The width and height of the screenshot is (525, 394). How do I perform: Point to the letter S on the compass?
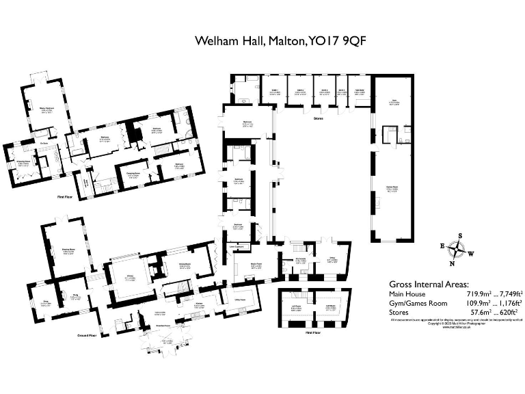[x=459, y=236]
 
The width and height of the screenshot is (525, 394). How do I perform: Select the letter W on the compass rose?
[x=471, y=253]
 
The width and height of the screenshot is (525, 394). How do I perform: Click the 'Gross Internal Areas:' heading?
[x=429, y=284]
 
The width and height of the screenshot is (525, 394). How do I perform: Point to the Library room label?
[x=129, y=276]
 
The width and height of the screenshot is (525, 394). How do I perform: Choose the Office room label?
[x=332, y=259]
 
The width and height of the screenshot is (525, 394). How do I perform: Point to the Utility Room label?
[x=241, y=299]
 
